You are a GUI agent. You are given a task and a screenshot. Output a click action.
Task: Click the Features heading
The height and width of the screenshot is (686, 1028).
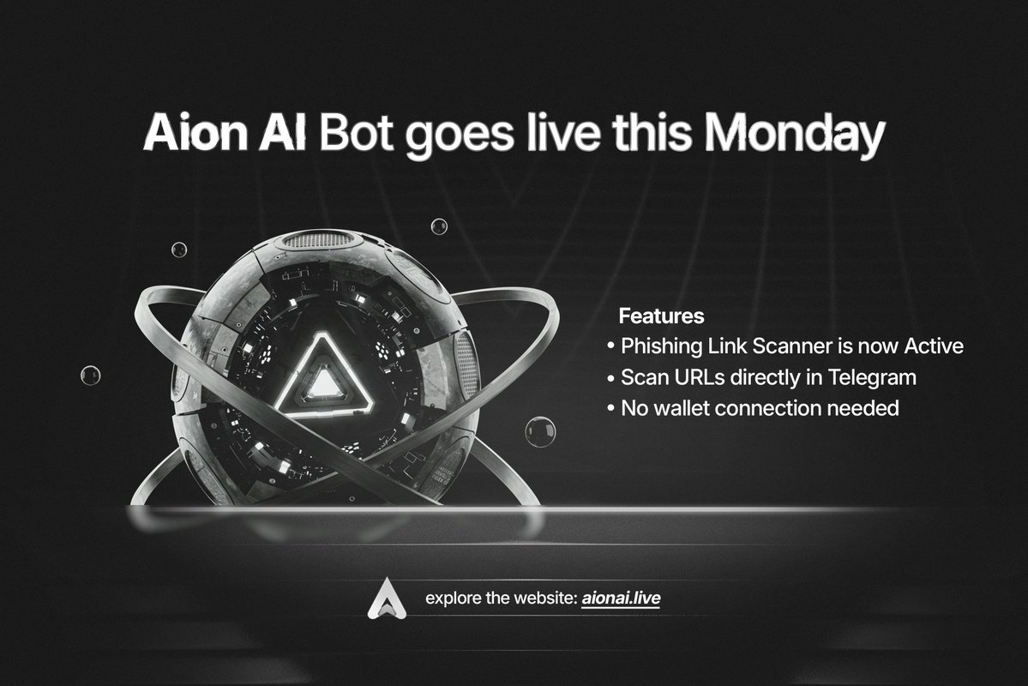(x=662, y=316)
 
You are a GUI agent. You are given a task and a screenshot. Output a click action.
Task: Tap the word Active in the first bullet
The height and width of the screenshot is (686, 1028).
(x=934, y=346)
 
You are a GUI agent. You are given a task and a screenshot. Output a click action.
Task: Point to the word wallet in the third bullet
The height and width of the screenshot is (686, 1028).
(x=682, y=408)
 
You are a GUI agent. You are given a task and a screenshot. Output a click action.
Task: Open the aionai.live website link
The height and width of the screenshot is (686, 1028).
(x=621, y=599)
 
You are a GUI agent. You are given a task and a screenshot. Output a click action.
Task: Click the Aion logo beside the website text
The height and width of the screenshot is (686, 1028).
(x=387, y=599)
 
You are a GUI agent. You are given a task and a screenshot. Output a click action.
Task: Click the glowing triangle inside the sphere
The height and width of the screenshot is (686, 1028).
(x=322, y=377)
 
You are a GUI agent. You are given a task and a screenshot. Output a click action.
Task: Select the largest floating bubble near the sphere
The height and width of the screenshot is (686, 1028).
(x=541, y=431)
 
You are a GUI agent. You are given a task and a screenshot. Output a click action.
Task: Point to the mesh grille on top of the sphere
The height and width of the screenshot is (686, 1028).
(x=319, y=238)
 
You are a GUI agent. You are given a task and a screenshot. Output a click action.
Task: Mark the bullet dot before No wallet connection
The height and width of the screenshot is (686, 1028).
(x=611, y=408)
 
